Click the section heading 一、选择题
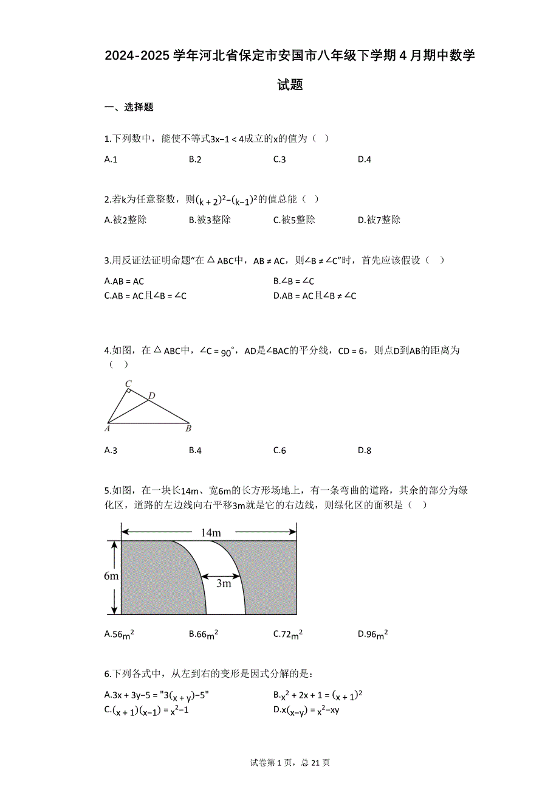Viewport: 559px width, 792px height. (129, 108)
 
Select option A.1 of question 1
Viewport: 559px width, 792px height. (111, 159)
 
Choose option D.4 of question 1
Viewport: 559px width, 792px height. (364, 159)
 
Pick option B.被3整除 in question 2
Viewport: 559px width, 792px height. (210, 220)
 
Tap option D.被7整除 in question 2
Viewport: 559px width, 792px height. (379, 220)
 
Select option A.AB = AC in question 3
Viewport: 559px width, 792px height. (125, 281)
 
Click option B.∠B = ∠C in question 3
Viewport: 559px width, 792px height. (294, 281)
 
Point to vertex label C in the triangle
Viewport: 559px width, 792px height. (128, 384)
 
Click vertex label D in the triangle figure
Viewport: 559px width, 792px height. (152, 396)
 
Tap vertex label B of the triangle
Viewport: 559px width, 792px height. (189, 428)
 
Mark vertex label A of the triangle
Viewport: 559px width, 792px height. (107, 428)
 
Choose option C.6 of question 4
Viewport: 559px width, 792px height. (279, 450)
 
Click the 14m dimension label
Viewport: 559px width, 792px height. (210, 533)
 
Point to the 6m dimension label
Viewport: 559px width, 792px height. (111, 575)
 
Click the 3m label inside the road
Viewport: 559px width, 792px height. (224, 584)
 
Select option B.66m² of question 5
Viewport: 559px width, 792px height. (204, 634)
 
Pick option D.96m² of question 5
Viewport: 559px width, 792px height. (373, 634)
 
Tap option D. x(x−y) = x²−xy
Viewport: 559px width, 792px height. (306, 709)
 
